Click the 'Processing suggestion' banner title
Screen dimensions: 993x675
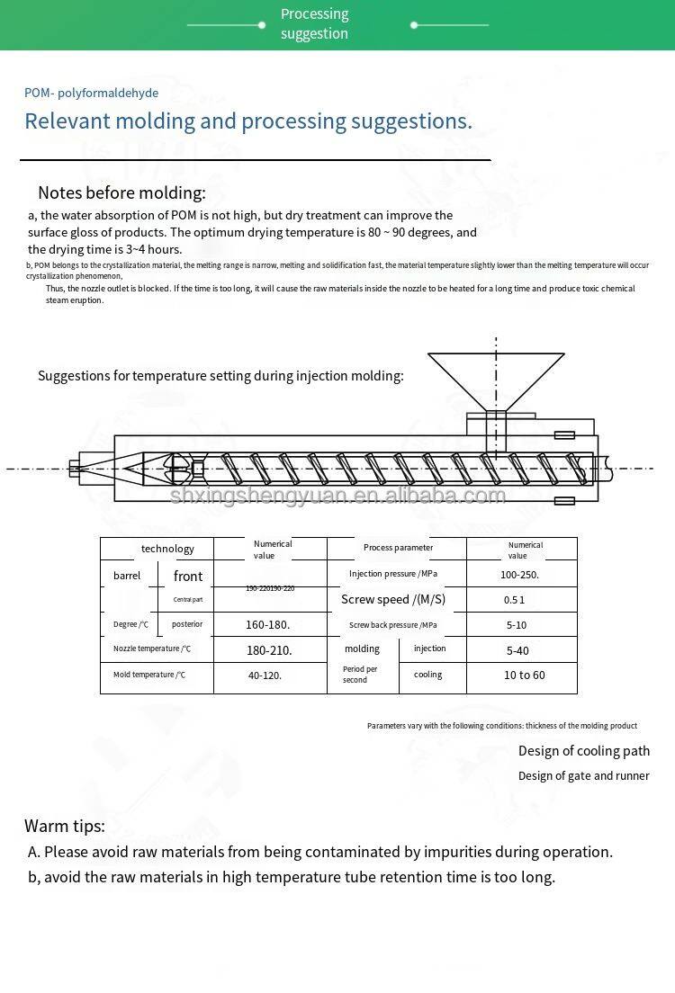[x=314, y=24]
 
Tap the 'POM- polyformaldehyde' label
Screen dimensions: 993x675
[x=91, y=93]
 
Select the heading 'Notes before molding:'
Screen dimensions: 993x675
[x=121, y=192]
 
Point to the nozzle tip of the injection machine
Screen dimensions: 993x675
[x=85, y=468]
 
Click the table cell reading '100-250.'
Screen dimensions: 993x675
[x=519, y=575]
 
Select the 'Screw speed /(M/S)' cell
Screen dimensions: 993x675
[x=392, y=600]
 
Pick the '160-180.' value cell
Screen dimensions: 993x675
[x=267, y=624]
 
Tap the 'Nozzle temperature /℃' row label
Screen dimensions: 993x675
[x=151, y=649]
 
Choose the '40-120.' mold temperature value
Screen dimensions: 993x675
[x=265, y=675]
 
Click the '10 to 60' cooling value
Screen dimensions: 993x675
[x=524, y=675]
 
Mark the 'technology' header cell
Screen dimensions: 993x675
[x=167, y=549]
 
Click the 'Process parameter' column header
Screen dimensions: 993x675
[x=398, y=548]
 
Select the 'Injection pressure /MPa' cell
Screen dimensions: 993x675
[x=395, y=574]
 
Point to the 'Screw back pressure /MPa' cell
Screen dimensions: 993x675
[x=393, y=625]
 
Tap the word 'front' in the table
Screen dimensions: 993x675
[x=188, y=576]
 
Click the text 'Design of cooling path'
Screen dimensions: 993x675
[x=583, y=751]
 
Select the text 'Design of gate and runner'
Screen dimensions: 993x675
[x=583, y=775]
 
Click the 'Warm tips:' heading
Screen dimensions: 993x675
[x=65, y=826]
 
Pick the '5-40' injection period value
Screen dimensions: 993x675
[x=517, y=650]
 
